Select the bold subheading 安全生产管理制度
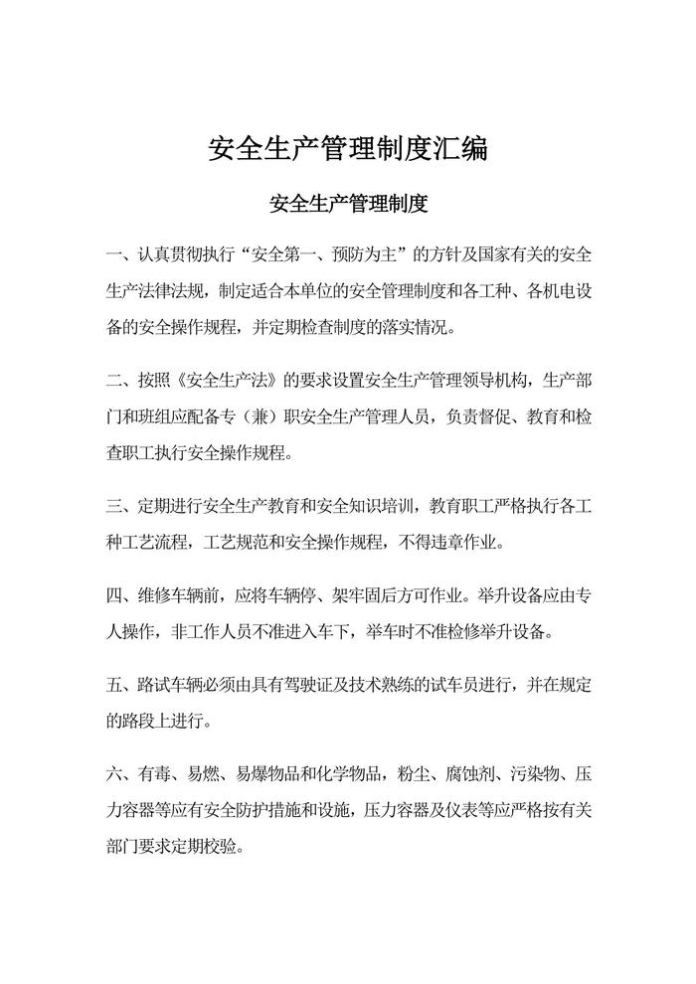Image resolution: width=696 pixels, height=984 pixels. [348, 206]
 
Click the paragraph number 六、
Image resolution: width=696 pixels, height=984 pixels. [119, 774]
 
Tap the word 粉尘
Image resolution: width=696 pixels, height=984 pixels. [400, 774]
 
